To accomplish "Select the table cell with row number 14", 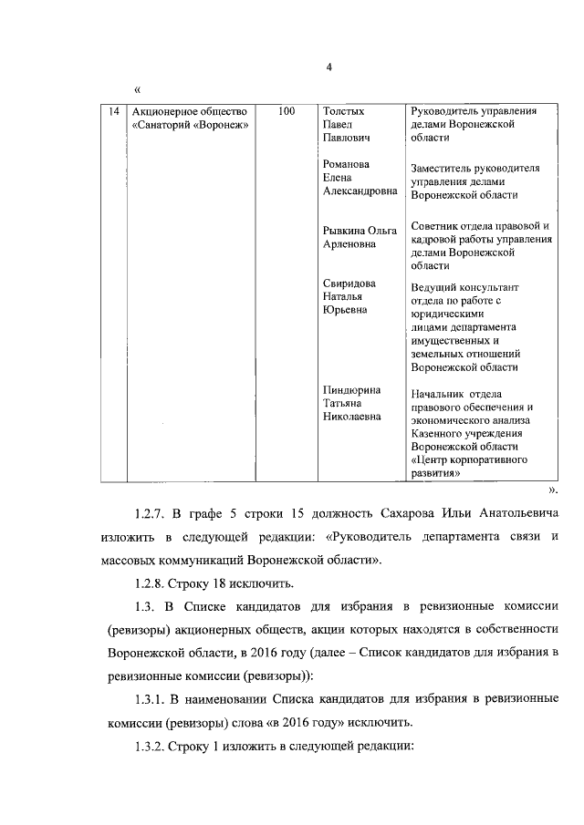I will [113, 111].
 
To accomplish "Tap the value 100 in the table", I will [286, 111].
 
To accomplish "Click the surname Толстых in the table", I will [347, 111].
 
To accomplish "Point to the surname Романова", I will [350, 164].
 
